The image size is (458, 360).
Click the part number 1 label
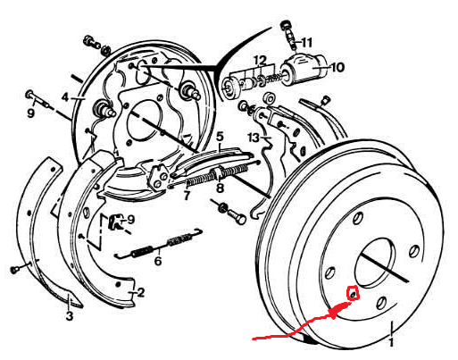(x=391, y=342)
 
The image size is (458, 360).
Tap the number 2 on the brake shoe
(x=140, y=292)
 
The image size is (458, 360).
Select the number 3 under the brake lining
(x=69, y=315)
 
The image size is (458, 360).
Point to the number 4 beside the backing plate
(x=65, y=97)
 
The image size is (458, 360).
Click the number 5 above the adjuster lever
(x=220, y=137)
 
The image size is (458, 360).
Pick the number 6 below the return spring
(x=158, y=261)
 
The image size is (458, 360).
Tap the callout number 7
(x=187, y=196)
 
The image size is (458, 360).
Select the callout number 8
(x=220, y=188)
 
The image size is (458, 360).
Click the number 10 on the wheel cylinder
(x=337, y=67)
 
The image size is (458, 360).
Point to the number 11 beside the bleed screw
(x=306, y=43)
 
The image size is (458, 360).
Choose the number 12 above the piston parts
(x=261, y=61)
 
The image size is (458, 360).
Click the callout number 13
(x=254, y=138)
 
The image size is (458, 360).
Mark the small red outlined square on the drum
(x=353, y=293)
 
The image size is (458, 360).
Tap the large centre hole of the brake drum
(x=376, y=263)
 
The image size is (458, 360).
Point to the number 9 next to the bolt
(x=30, y=113)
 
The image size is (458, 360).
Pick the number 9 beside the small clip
(x=130, y=220)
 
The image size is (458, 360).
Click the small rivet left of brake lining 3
(x=14, y=270)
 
